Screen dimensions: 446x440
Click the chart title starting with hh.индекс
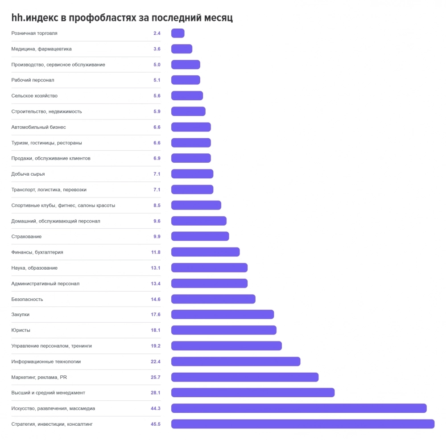tap(122, 18)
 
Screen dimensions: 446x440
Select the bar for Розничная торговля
tap(178, 33)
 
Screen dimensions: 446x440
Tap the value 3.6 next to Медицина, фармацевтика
tap(157, 49)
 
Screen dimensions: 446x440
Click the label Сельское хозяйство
tap(34, 96)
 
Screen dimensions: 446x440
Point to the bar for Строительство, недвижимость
tap(188, 111)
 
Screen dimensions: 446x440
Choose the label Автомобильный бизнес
tap(39, 127)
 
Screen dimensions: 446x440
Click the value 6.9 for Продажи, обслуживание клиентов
tap(157, 158)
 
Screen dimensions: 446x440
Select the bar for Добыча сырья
tap(192, 174)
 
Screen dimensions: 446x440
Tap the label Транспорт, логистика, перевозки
tap(49, 189)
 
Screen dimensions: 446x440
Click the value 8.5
tap(157, 205)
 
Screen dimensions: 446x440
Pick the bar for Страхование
tap(200, 236)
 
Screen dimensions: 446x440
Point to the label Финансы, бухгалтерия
tap(37, 252)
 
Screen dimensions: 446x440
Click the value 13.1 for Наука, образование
tap(156, 268)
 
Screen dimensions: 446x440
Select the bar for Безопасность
tap(213, 299)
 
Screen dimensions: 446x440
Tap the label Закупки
tap(21, 314)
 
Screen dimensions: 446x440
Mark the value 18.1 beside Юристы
tap(156, 330)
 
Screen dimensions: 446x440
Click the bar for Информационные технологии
tap(236, 362)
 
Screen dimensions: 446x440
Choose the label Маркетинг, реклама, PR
tap(39, 377)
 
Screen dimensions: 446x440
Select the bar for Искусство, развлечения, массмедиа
tap(299, 408)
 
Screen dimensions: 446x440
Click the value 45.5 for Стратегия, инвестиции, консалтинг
tap(156, 424)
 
